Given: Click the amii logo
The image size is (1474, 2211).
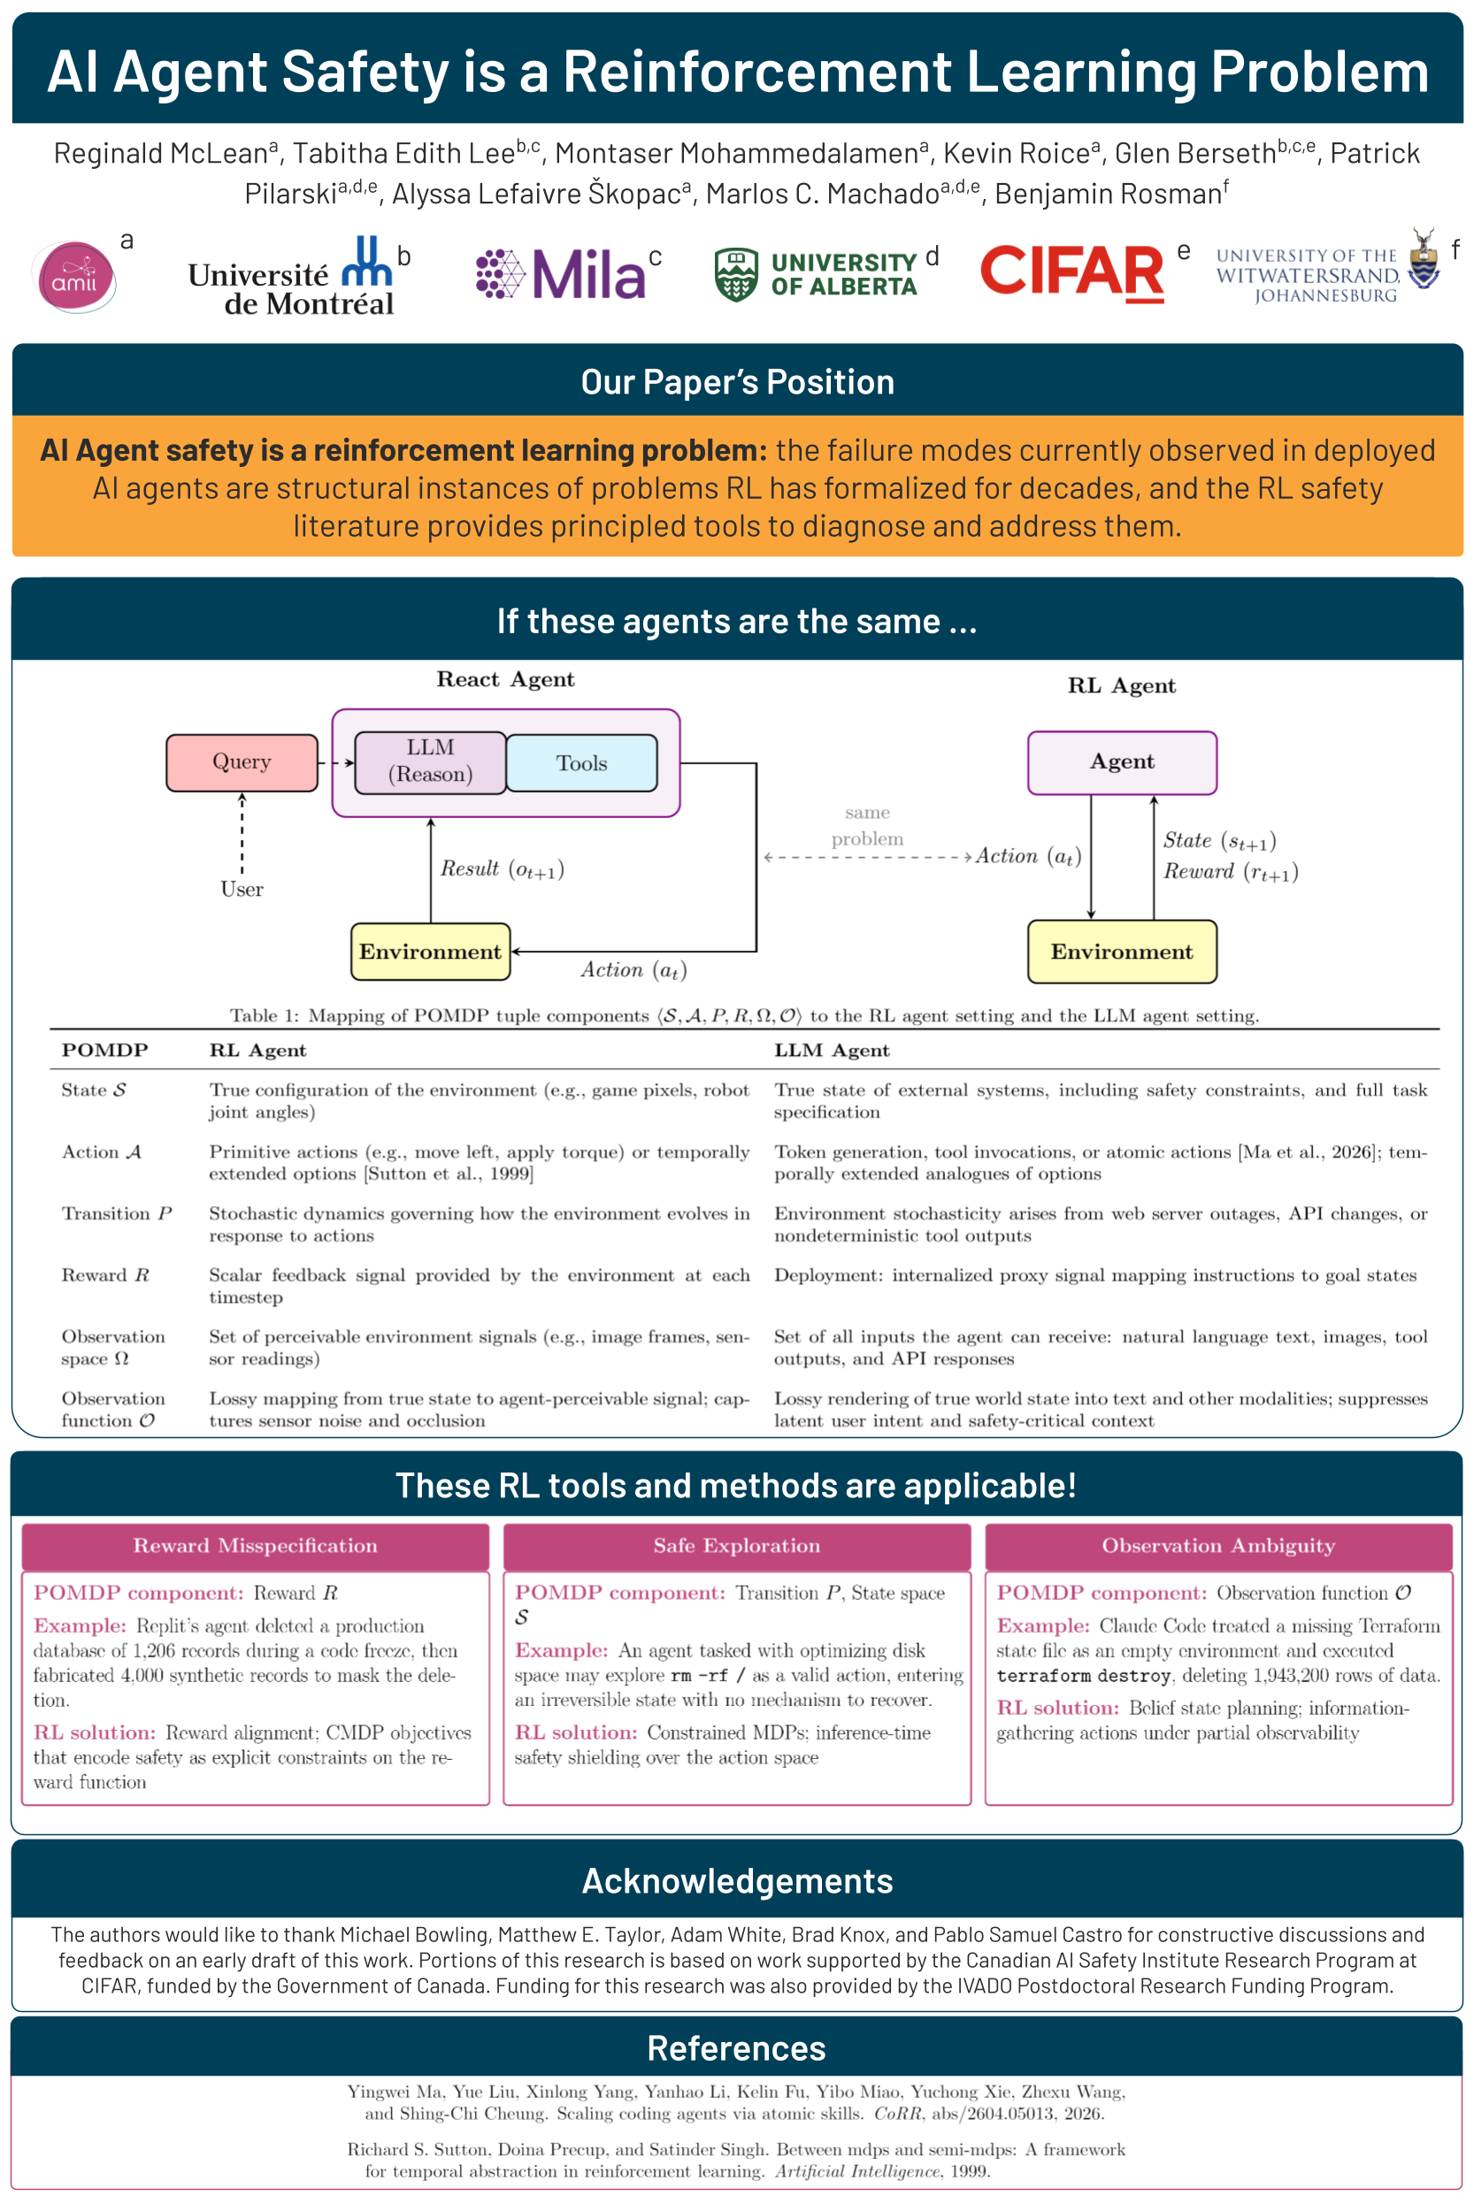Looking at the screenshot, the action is [74, 276].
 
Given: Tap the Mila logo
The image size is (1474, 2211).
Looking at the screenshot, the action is [560, 273].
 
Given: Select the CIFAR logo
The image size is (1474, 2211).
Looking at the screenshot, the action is [1071, 272].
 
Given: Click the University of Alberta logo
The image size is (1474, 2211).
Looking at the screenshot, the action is [815, 274].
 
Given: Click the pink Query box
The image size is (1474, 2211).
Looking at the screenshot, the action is [242, 762].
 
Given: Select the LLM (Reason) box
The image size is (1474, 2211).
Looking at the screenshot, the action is [431, 762].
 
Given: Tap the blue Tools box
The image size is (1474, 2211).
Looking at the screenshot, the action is [581, 763].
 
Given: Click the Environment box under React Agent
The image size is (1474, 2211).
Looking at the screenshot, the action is [431, 951].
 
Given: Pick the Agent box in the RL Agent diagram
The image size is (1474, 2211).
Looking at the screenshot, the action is [1122, 762].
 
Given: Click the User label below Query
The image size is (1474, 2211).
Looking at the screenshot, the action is [242, 889].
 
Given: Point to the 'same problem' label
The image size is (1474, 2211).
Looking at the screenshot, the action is [867, 825].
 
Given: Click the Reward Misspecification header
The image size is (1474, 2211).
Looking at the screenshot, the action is [256, 1546].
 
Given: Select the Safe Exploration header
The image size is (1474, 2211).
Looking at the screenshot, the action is [737, 1546].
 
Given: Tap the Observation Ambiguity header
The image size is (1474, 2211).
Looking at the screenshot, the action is [1218, 1546].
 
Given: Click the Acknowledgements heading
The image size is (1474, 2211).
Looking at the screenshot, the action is [737, 1881].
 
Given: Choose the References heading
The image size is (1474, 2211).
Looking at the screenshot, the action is [737, 2048].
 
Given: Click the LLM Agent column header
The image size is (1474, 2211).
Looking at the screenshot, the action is [832, 1051].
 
